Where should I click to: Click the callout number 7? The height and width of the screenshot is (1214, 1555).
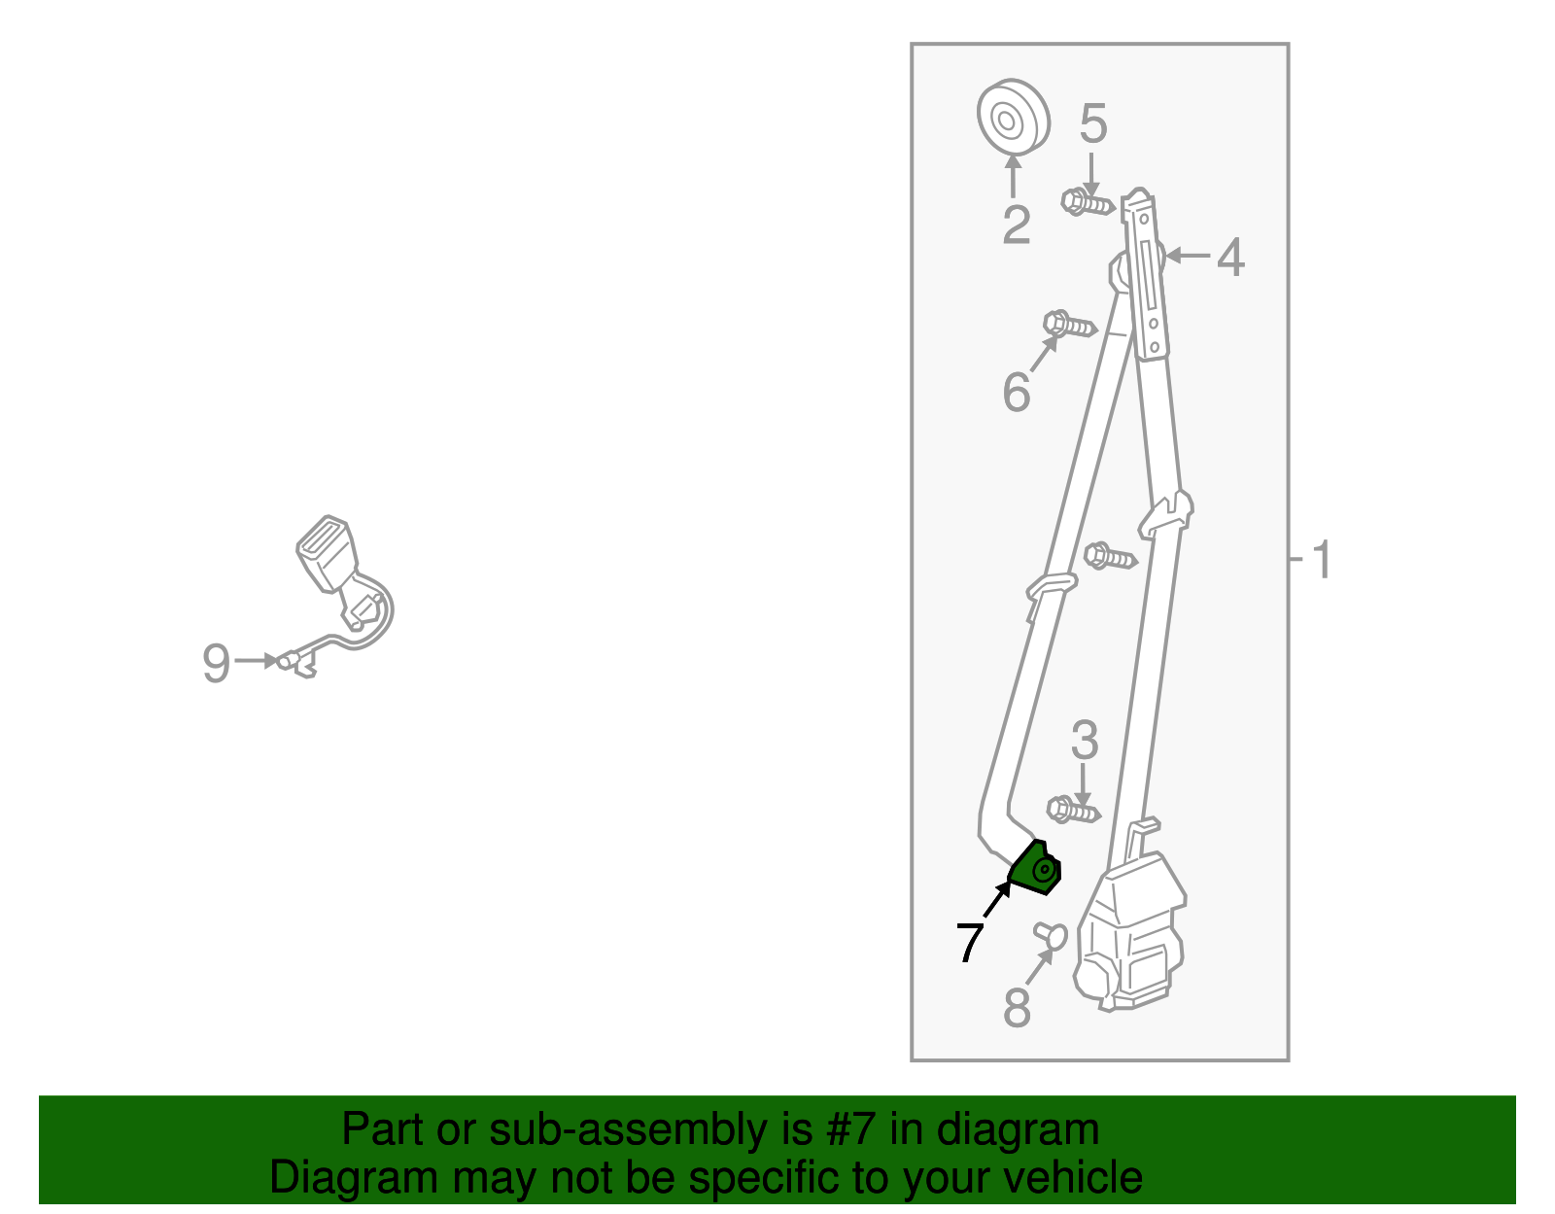click(970, 941)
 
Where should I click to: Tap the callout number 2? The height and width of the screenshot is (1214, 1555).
click(1016, 225)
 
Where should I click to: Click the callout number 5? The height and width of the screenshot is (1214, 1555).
click(1093, 124)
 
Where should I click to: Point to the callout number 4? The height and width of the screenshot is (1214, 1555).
click(1230, 258)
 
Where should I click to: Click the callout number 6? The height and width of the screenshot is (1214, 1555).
click(1016, 393)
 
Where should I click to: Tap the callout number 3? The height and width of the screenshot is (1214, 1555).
click(1084, 741)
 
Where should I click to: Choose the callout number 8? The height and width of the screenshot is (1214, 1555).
click(1016, 1007)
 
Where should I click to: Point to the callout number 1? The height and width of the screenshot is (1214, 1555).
click(1321, 561)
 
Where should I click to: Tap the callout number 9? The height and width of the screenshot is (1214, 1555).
click(216, 664)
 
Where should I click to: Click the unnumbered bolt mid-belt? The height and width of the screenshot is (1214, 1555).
click(1109, 557)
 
